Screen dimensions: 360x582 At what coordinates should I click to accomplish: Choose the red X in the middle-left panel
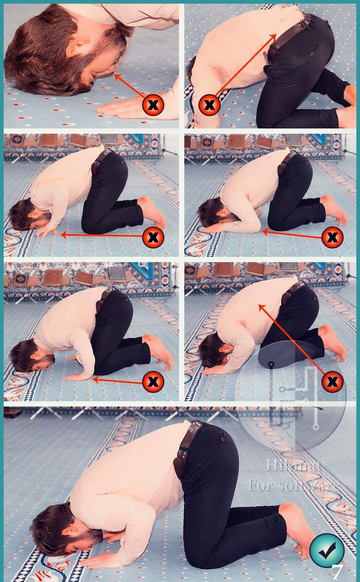click(153, 237)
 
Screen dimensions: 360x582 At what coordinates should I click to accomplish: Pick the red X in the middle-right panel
click(332, 237)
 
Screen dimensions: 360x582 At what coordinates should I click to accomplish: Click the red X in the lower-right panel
click(332, 381)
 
